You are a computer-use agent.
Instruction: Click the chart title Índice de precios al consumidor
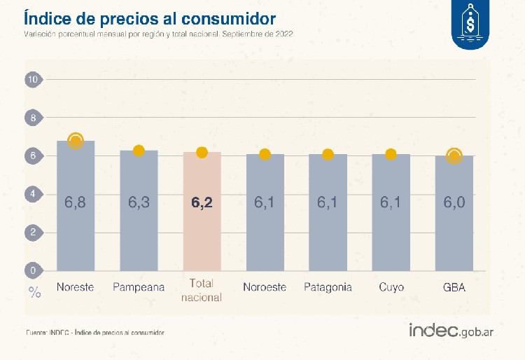(149, 17)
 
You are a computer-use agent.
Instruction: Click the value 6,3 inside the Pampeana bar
(139, 203)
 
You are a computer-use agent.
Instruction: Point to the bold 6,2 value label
(202, 203)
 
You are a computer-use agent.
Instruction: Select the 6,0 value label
(454, 203)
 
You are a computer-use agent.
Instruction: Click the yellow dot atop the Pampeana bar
(139, 151)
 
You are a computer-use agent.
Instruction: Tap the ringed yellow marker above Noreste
(76, 141)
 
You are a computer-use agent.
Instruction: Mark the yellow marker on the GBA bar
(454, 155)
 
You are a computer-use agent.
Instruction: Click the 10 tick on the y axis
(32, 80)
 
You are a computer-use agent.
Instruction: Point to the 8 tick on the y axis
(32, 118)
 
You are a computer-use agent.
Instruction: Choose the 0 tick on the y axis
(32, 270)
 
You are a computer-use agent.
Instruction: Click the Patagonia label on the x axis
(328, 287)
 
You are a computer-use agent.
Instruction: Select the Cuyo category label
(391, 287)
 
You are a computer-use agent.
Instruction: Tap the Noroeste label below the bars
(265, 287)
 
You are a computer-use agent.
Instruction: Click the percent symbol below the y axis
(34, 293)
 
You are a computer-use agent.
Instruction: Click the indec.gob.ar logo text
(451, 330)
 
